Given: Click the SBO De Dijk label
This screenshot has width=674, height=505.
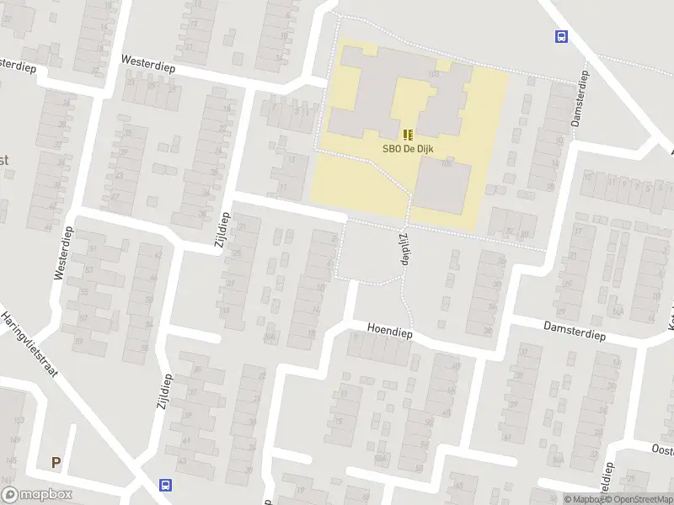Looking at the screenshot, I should [x=409, y=149].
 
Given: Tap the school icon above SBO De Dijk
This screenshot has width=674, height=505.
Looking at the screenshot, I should [x=409, y=135].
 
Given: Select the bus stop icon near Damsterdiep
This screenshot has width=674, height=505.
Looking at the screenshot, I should [x=560, y=36].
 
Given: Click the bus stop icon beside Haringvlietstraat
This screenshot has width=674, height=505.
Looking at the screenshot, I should [x=165, y=485].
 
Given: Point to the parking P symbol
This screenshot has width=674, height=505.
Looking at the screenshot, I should [x=56, y=462].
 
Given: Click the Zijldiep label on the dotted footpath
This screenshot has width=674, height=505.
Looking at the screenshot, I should [x=402, y=249].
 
